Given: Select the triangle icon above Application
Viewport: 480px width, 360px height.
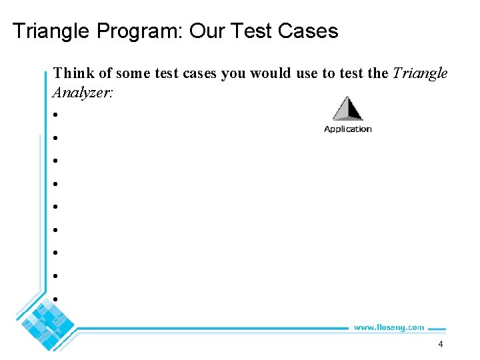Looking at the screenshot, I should pyautogui.click(x=347, y=109).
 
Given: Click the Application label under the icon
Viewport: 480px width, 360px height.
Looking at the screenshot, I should pyautogui.click(x=347, y=129).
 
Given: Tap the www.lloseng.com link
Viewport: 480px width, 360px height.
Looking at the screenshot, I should pyautogui.click(x=389, y=327).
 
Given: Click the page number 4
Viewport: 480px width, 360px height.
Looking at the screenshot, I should pyautogui.click(x=440, y=344).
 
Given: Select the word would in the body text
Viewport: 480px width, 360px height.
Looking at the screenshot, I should pyautogui.click(x=271, y=73).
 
